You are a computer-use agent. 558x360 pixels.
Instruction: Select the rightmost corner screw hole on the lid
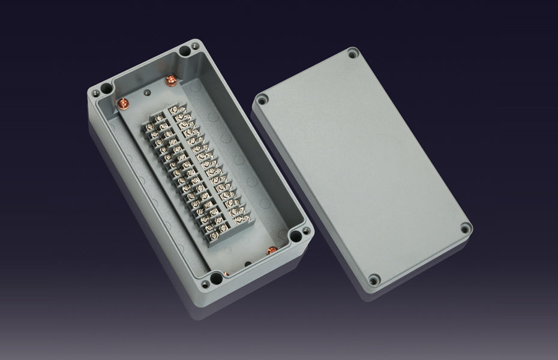click(x=464, y=228)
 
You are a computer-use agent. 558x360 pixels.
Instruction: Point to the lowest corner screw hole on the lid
click(x=373, y=279)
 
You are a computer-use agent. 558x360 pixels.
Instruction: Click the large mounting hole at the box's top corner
click(x=185, y=51)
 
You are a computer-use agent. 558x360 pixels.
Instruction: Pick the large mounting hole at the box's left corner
click(x=106, y=89)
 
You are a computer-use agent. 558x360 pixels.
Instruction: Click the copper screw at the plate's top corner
click(x=171, y=79)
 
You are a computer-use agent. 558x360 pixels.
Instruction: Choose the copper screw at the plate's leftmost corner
click(x=124, y=103)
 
